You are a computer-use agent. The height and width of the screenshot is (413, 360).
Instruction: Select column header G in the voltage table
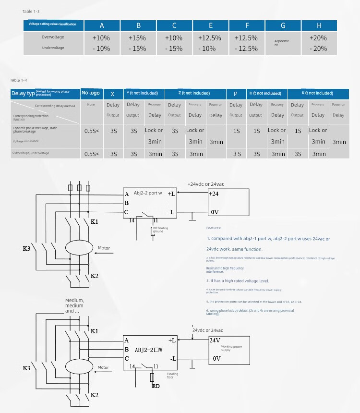[x=283, y=25]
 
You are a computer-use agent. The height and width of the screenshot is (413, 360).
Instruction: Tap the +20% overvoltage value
[x=318, y=37]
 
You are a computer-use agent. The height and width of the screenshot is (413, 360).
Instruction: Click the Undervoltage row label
[x=53, y=48]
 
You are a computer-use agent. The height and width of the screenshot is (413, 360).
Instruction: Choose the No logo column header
[x=91, y=93]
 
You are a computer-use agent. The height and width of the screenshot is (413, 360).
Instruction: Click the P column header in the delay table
[x=236, y=93]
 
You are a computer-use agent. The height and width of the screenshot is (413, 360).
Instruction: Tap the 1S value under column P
[x=236, y=131]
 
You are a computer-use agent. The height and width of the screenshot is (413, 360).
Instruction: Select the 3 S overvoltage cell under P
[x=237, y=154]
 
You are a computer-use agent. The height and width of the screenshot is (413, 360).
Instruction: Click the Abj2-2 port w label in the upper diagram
[x=148, y=194]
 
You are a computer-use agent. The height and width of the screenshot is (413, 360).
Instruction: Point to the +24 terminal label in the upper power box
[x=214, y=194]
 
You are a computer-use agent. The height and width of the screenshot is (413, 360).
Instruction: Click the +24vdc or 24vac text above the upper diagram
[x=205, y=184]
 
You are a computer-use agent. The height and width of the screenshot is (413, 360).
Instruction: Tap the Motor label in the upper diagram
[x=104, y=248]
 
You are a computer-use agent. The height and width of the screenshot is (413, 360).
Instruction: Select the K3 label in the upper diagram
[x=26, y=248]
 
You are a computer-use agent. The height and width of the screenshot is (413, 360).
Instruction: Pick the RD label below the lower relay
[x=156, y=386]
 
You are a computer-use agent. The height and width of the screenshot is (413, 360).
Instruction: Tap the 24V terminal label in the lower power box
[x=215, y=340]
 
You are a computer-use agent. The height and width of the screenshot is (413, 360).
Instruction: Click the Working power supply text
[x=232, y=348]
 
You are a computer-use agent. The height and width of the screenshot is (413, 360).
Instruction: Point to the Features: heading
[x=214, y=228]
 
